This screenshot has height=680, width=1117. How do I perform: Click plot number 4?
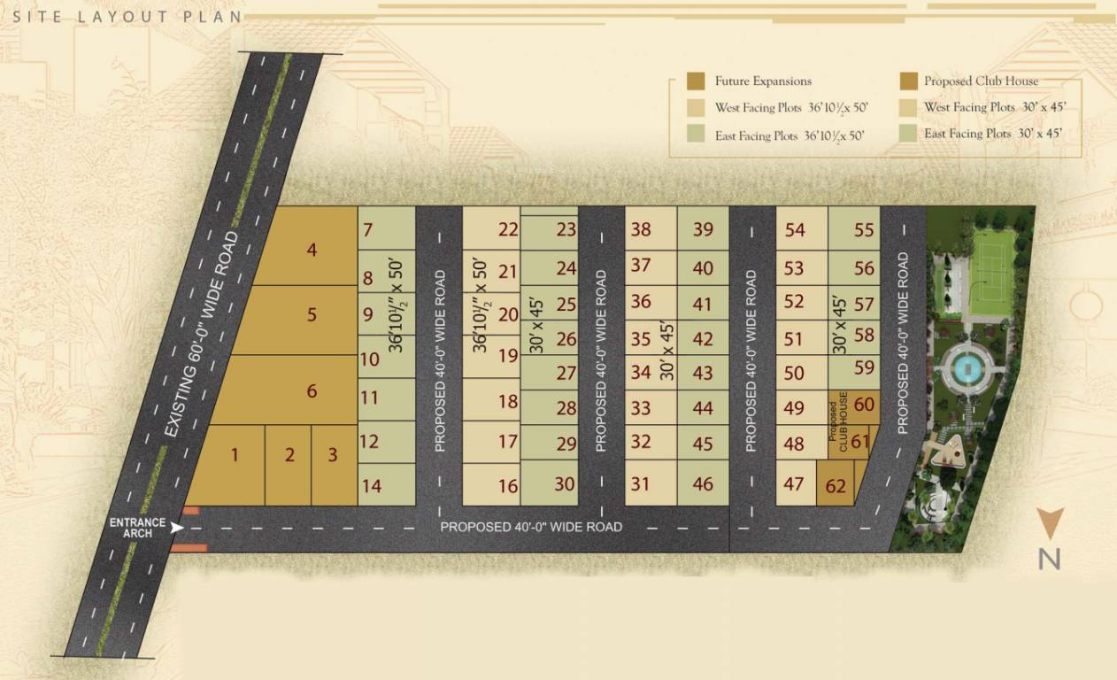tap(311, 250)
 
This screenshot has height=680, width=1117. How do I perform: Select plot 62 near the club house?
tap(836, 485)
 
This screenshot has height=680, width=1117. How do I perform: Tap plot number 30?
tap(565, 484)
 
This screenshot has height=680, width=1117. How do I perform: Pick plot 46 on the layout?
tap(703, 484)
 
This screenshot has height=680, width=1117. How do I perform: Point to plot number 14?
tap(372, 485)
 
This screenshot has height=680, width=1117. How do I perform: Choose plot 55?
tap(864, 230)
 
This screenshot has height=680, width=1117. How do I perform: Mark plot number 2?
tap(289, 455)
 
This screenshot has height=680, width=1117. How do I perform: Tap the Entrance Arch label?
tap(131, 528)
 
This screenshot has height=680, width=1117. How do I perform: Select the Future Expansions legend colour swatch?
tap(696, 81)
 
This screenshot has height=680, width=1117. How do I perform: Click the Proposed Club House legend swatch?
tap(907, 81)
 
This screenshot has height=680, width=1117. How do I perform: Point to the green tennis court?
tap(991, 273)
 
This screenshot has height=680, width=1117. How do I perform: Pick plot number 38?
tap(640, 230)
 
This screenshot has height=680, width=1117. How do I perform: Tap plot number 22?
tap(507, 230)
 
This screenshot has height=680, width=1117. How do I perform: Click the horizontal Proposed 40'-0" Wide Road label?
tap(531, 527)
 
